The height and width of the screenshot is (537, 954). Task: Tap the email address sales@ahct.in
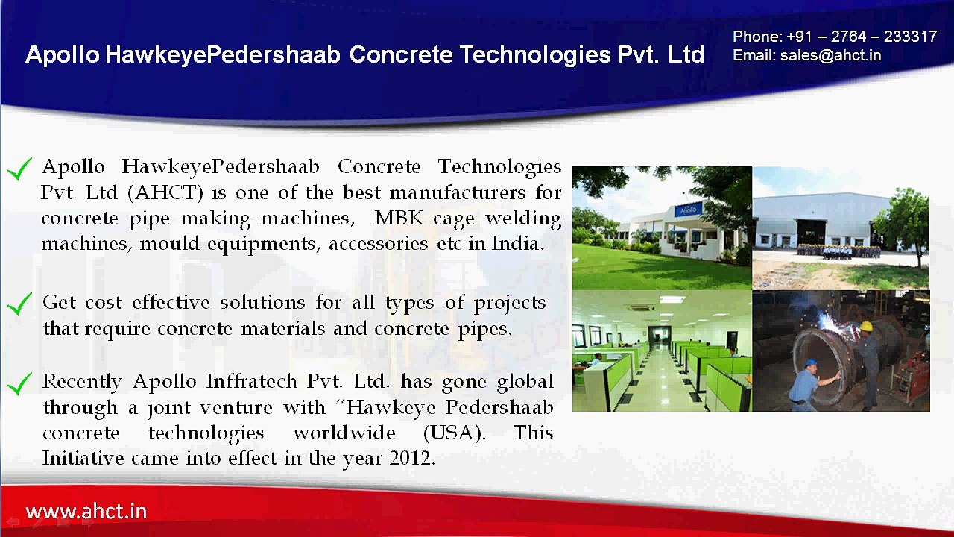(830, 56)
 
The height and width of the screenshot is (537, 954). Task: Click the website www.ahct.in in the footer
(86, 512)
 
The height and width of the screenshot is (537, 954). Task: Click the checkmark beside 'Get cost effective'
(19, 304)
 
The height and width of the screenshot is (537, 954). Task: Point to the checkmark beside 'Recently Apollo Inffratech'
(19, 383)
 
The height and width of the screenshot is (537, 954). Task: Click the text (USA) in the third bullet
(454, 433)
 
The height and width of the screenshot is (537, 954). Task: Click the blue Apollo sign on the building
(688, 210)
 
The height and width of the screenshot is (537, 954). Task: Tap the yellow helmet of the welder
(865, 327)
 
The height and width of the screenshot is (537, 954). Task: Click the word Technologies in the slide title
(534, 54)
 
